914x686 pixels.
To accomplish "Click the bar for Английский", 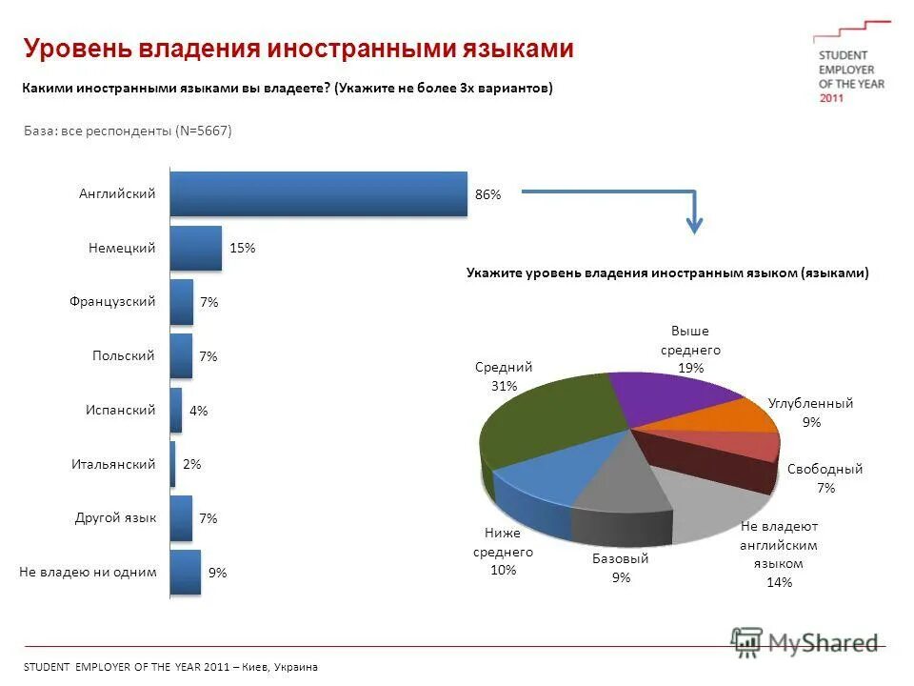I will [x=318, y=193].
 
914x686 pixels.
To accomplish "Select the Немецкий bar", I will [x=195, y=248].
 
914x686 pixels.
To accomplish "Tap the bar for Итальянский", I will [x=172, y=464].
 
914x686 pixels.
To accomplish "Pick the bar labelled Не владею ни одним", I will [x=185, y=573].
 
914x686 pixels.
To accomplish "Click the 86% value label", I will [x=487, y=194].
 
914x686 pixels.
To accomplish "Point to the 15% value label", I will [x=242, y=248].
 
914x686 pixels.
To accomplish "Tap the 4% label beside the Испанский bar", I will [x=198, y=411].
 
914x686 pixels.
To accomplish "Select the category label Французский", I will [x=112, y=301].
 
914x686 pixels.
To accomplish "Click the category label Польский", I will [x=124, y=355].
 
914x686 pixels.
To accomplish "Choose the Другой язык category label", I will [x=115, y=518].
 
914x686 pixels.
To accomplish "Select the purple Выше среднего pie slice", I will [x=666, y=395].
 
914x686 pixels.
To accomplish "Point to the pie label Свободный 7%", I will [x=825, y=478].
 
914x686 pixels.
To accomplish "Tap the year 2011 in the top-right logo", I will [x=831, y=98].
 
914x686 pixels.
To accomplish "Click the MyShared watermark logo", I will [x=805, y=643].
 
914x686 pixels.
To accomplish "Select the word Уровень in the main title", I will [x=79, y=49].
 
